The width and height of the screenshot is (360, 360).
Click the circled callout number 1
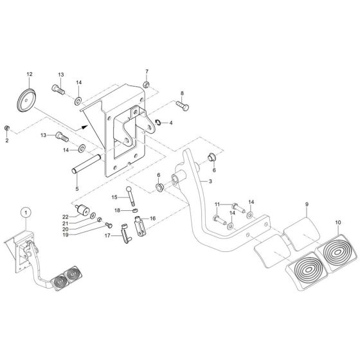24,212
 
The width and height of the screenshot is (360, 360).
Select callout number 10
337,222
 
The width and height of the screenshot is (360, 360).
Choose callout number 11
217,204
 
